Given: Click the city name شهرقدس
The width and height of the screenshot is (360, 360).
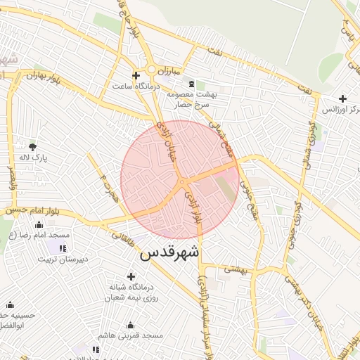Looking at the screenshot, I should coord(170,252).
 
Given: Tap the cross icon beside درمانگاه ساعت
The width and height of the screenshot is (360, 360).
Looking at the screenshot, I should coord(136,75).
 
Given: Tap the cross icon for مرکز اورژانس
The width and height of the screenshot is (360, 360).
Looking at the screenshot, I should coord(342,99).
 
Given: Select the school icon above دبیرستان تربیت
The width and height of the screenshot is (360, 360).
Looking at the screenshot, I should coord(63,247).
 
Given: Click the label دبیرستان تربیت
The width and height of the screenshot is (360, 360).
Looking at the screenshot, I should coord(63,259).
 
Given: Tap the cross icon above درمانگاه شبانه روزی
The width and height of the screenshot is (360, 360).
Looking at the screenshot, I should coord(131,276).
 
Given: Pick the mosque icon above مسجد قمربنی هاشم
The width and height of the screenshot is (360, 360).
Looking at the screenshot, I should coord(130,325).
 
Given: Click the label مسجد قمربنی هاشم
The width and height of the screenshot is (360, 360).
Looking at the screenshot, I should coord(131,336).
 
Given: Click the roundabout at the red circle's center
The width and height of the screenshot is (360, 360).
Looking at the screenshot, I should coord(181,182).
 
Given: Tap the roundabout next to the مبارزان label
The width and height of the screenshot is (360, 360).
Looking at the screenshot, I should coord(152,69).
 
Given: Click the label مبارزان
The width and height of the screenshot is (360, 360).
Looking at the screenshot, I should coord(169,72).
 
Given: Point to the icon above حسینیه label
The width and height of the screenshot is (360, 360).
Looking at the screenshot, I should coord(10,304).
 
